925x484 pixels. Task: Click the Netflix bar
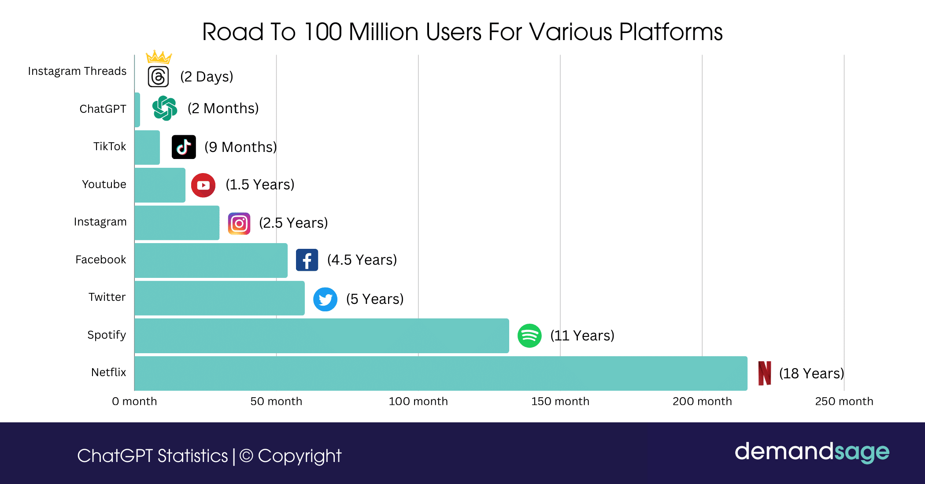click(440, 373)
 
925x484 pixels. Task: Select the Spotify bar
click(322, 336)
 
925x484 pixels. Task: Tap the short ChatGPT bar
click(137, 110)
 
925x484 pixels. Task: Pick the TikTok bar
click(147, 148)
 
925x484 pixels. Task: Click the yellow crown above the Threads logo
click(159, 57)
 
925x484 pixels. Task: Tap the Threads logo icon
click(158, 77)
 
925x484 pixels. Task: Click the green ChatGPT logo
click(165, 108)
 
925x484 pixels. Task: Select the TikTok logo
click(184, 147)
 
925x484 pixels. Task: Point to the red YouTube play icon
click(203, 185)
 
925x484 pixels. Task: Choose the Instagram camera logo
click(239, 224)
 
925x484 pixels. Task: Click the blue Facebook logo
click(307, 260)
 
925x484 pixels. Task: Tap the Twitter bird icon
click(325, 299)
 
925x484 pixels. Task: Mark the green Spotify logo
click(529, 336)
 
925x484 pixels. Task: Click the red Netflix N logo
click(765, 373)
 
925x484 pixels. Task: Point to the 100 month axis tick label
click(418, 401)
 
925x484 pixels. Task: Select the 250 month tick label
click(844, 401)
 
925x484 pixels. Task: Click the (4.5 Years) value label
click(362, 260)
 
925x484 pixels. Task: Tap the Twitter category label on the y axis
click(107, 297)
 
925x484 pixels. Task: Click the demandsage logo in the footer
click(812, 452)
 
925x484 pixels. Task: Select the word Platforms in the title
click(670, 32)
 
